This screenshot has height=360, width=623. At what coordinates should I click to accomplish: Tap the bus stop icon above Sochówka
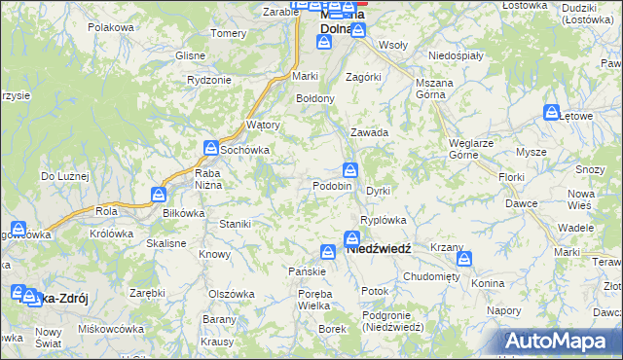tap(211, 148)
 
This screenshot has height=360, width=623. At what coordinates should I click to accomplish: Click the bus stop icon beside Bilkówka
tap(159, 196)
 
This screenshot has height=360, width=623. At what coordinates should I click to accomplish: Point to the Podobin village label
tap(332, 186)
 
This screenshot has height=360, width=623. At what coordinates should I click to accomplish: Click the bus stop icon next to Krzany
tap(464, 259)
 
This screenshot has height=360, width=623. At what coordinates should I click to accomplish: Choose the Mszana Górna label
tap(436, 90)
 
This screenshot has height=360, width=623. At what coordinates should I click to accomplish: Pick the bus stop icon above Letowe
tap(552, 112)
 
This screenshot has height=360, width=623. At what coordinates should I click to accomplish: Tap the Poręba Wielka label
tap(301, 301)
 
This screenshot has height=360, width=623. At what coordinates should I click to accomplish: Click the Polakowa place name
tap(110, 27)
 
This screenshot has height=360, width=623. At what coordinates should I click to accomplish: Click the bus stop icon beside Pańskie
tap(328, 252)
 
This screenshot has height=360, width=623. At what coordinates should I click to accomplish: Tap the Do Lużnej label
tap(64, 176)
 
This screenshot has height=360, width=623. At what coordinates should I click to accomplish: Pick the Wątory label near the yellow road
tap(264, 126)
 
